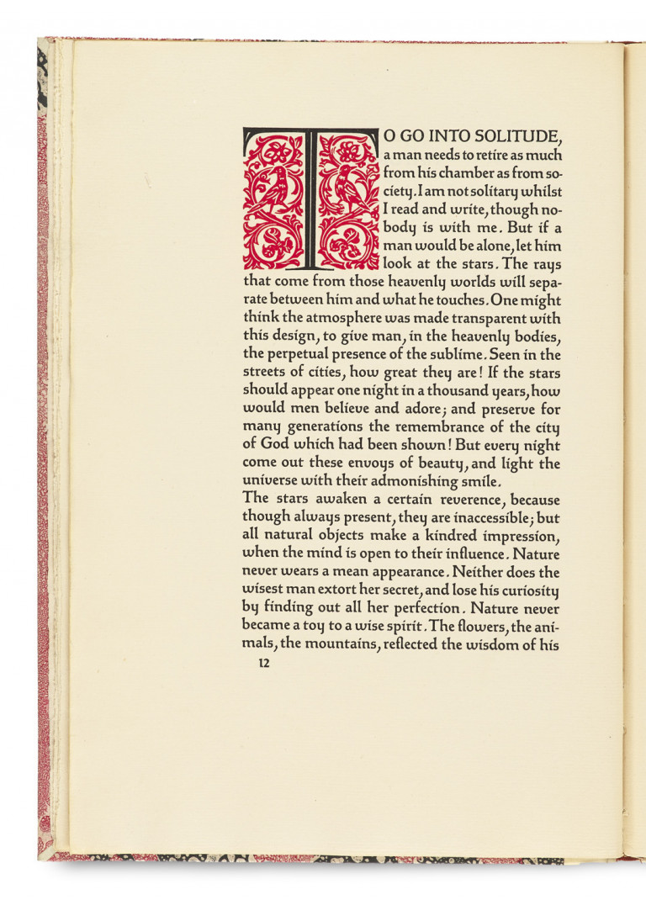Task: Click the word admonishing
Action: point(413,481)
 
